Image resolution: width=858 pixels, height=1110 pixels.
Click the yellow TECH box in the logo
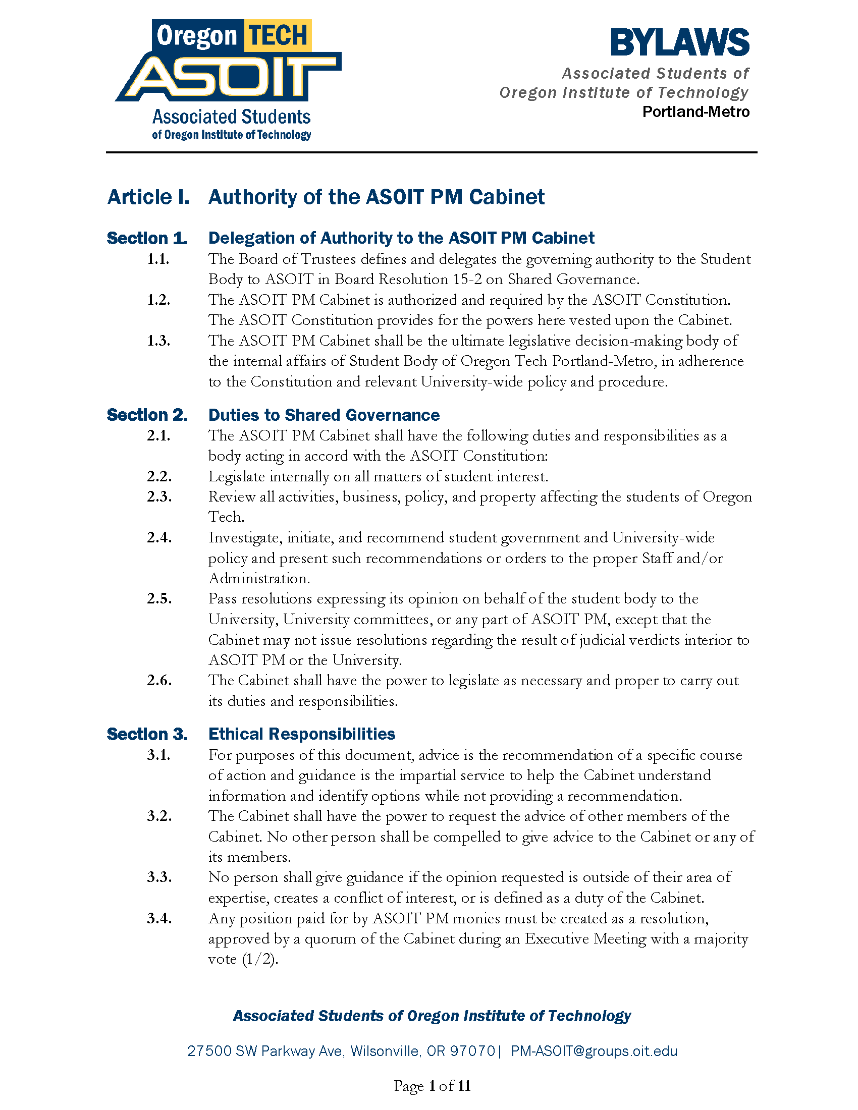(278, 36)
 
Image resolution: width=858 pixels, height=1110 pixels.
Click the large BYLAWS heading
(680, 43)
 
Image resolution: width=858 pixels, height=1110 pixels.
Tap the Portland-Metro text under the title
(695, 112)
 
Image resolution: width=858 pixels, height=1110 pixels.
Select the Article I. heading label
(148, 197)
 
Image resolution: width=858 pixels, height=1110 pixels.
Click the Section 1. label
(147, 238)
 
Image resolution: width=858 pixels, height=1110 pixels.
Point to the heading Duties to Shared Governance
(324, 415)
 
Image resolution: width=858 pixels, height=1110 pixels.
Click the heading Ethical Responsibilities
(301, 734)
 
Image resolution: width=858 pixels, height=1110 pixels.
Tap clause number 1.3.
(158, 341)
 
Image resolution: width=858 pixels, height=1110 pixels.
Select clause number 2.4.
(159, 537)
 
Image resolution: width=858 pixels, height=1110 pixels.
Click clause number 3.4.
(159, 918)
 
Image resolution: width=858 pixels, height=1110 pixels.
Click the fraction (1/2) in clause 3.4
(260, 959)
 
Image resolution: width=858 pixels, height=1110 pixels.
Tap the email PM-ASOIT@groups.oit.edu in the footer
(594, 1051)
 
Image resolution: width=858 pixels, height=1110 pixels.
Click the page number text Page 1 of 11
(432, 1086)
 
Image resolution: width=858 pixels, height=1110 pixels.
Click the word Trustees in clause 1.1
(328, 259)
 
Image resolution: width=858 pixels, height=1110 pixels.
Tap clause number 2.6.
(159, 680)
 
